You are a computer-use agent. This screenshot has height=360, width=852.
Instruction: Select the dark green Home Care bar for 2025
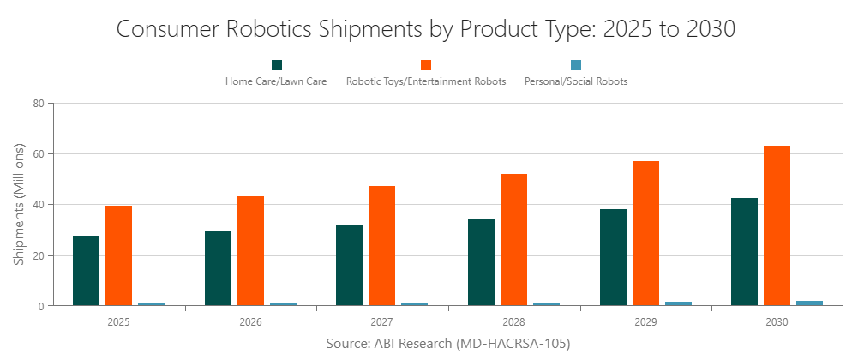click(86, 270)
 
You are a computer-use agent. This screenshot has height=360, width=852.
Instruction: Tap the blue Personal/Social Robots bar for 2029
click(678, 303)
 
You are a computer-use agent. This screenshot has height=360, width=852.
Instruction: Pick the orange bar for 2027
click(382, 245)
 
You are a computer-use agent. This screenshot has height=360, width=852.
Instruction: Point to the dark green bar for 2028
click(481, 261)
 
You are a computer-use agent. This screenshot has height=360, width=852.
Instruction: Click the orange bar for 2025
click(118, 255)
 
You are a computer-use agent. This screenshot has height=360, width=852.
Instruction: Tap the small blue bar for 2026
click(283, 303)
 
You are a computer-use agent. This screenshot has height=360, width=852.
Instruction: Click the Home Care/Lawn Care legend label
click(276, 81)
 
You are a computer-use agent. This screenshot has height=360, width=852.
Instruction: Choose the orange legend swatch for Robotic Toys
click(426, 65)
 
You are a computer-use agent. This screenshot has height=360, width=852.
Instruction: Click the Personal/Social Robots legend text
click(576, 81)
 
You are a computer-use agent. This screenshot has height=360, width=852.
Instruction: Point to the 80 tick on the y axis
click(38, 104)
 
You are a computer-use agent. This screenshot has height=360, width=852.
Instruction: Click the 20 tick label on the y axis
click(38, 255)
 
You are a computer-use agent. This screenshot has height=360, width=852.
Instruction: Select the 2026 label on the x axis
click(250, 322)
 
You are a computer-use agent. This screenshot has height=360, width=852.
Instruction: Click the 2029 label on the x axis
click(645, 322)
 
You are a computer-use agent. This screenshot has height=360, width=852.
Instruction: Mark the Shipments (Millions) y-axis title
click(18, 204)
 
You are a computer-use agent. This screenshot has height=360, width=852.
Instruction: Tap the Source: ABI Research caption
click(447, 343)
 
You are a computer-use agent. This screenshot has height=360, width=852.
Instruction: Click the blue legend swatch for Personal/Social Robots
click(576, 65)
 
